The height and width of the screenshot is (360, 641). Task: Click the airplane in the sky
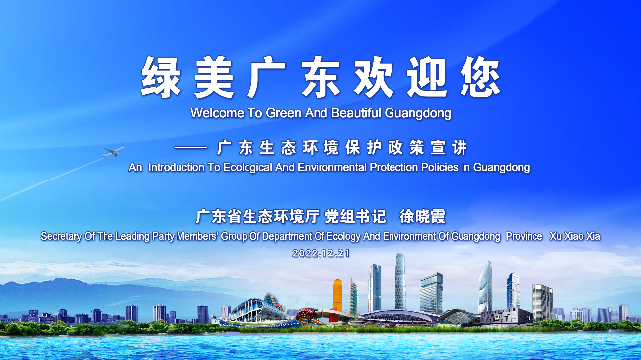point(113,152)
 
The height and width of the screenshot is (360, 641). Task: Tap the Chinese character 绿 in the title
point(161,78)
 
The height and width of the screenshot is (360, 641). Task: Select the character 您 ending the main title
point(480,78)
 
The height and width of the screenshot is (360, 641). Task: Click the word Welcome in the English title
point(217,113)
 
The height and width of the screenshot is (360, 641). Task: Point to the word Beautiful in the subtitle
point(356,113)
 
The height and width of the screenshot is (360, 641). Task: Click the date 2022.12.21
point(320,253)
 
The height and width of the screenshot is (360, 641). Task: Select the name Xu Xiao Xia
point(575,236)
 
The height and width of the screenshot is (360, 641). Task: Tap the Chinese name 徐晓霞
point(422,216)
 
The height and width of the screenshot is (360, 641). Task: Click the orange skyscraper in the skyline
point(337,295)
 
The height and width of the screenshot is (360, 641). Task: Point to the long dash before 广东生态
point(190,148)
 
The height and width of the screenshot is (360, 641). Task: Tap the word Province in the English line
point(524,236)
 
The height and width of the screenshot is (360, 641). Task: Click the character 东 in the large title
point(320,78)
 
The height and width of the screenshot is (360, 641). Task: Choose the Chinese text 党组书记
point(355,216)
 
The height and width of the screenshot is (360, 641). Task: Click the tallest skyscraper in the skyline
point(400,281)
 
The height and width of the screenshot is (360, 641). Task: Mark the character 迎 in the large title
point(427,78)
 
